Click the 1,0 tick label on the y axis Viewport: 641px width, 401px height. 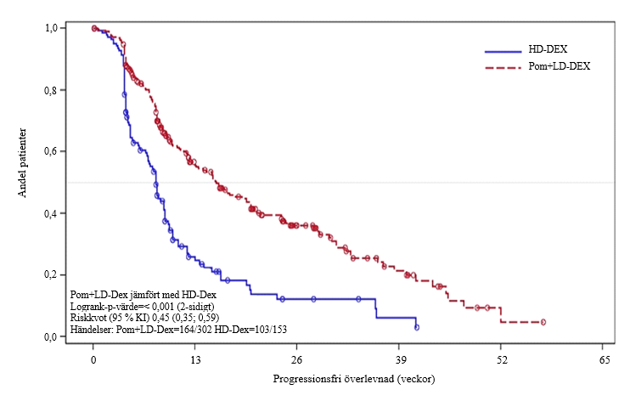[x=51, y=28]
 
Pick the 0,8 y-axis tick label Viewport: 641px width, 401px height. [x=51, y=90]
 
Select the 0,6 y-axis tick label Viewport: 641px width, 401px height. [x=51, y=151]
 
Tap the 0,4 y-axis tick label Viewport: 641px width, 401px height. [x=51, y=213]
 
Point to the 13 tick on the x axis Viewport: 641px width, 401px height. [x=195, y=359]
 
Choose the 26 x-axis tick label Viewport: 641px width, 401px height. [x=297, y=359]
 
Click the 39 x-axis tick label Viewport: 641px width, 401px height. [x=400, y=359]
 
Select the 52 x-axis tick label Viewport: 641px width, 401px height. [x=502, y=359]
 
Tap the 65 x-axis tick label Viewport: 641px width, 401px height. [x=604, y=359]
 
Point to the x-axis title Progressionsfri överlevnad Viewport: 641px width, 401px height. [x=348, y=376]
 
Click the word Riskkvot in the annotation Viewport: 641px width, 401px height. [x=88, y=316]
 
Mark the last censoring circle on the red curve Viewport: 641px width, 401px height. [x=543, y=322]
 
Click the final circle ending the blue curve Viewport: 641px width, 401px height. [x=416, y=327]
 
